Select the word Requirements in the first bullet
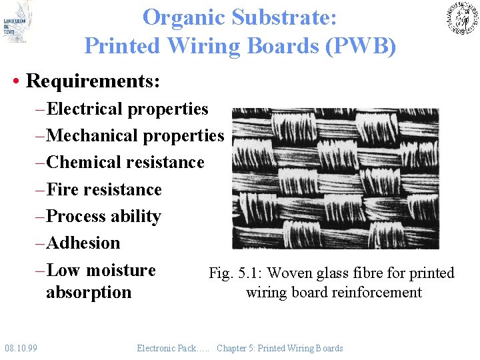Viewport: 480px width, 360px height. tap(91, 81)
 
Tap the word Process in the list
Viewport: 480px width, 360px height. tap(77, 217)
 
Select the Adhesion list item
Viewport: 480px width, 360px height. tap(84, 243)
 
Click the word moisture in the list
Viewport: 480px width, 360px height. tap(121, 271)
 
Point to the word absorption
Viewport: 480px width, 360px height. tap(89, 293)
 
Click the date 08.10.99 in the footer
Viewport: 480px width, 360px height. tap(21, 348)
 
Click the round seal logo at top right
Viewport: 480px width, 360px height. tap(461, 18)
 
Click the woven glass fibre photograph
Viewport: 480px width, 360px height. tap(335, 178)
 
